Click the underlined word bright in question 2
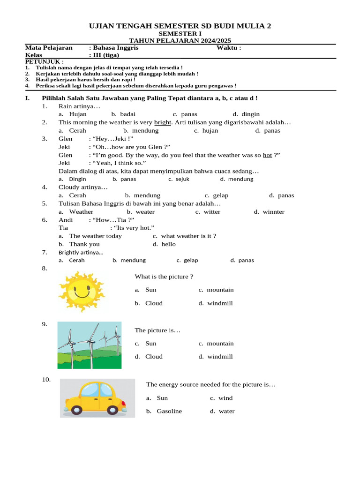click(x=163, y=122)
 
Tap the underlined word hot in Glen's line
click(x=267, y=155)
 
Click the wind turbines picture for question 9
click(x=89, y=345)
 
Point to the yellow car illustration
click(x=97, y=398)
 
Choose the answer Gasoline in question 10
click(x=169, y=411)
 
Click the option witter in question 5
click(x=212, y=212)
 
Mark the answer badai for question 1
click(x=127, y=114)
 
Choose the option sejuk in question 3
click(x=182, y=179)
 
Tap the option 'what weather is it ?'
click(x=188, y=236)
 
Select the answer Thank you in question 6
click(x=84, y=244)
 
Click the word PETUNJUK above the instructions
click(x=44, y=61)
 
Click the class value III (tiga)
click(x=105, y=55)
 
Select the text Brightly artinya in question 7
click(x=81, y=253)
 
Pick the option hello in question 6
click(x=168, y=244)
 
